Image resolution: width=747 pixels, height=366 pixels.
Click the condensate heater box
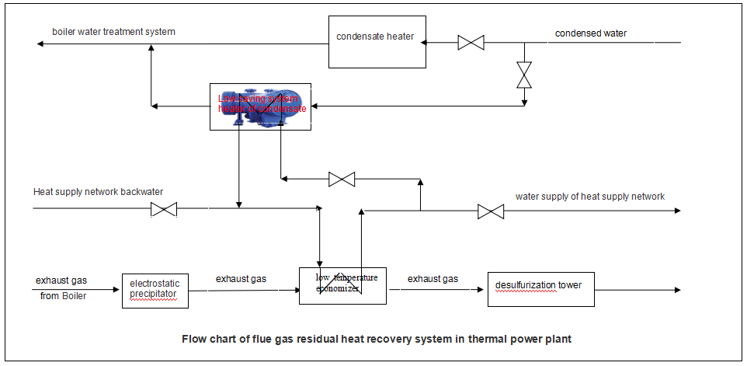376,41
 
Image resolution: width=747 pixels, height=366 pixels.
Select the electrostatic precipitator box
155,290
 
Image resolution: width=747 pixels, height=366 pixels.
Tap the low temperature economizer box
342,285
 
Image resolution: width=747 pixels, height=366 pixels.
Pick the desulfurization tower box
540,289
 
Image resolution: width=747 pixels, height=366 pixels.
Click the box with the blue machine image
261,106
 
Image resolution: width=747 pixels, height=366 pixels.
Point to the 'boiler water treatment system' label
113,32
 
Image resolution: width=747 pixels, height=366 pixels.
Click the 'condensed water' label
590,33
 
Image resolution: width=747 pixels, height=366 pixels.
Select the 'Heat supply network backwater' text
98,192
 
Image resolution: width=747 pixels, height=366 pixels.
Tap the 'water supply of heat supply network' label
589,197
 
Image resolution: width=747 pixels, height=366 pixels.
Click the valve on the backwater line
163,209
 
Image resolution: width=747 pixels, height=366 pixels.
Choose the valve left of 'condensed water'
471,43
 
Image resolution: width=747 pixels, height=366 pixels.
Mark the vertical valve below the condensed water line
525,75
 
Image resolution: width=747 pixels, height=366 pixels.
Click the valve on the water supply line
490,211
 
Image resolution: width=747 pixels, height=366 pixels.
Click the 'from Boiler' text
63,296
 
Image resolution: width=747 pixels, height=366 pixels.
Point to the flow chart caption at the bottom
377,339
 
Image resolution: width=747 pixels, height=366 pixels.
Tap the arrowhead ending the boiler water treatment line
39,44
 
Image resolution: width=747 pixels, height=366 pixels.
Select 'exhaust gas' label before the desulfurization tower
433,278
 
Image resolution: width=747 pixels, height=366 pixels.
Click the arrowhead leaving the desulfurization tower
677,290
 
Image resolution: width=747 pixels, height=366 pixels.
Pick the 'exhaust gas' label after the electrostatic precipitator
241,278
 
